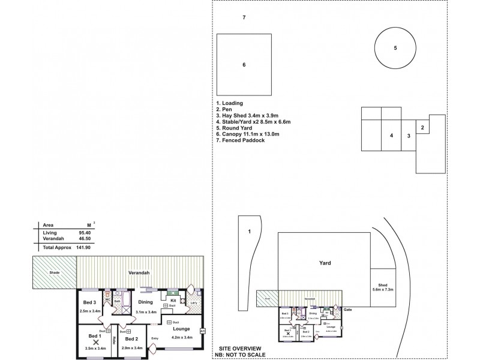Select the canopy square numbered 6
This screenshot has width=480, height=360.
(x=244, y=64)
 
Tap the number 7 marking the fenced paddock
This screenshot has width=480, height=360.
(x=244, y=17)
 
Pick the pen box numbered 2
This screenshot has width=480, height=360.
(x=422, y=127)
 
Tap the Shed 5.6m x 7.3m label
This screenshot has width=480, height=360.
(x=382, y=287)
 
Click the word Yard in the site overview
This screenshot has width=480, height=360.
(x=325, y=263)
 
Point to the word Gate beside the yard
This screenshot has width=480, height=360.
(x=347, y=309)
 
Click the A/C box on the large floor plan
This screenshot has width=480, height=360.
(x=202, y=331)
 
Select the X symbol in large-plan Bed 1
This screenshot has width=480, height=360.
(x=95, y=341)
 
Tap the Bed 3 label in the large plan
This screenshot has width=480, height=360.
(x=89, y=301)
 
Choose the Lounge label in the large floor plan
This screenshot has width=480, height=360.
(x=181, y=329)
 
